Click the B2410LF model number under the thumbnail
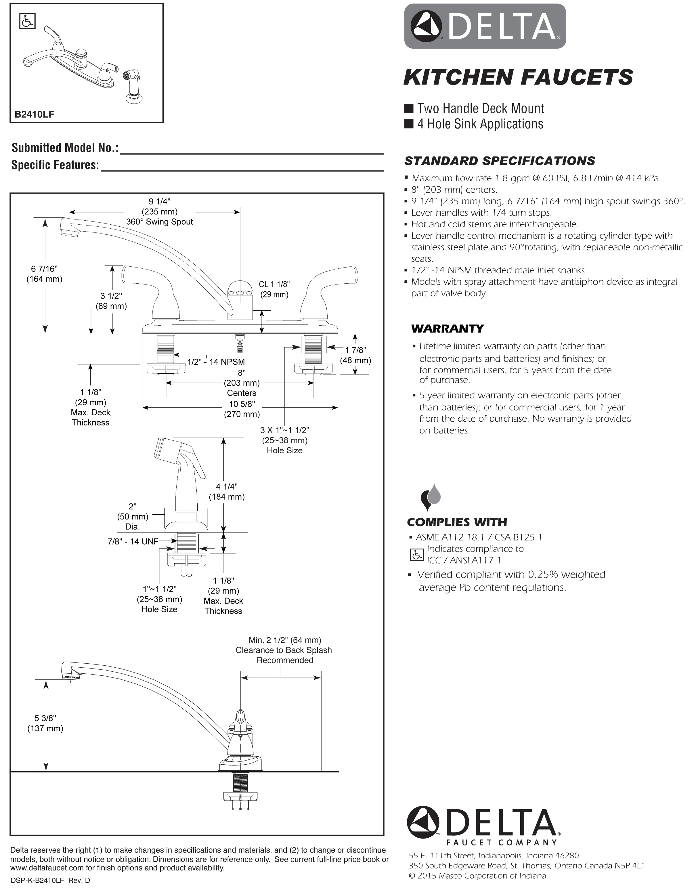point(34,114)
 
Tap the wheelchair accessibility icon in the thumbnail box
point(27,21)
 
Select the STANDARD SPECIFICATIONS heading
point(500,161)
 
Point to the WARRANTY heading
point(448,329)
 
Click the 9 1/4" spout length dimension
point(159,201)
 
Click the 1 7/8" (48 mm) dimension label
point(355,355)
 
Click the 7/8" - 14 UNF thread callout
point(133,542)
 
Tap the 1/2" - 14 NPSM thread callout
point(216,362)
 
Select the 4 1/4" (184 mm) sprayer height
point(227,492)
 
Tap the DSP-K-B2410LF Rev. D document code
point(50,880)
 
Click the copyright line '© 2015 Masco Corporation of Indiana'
point(477,875)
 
